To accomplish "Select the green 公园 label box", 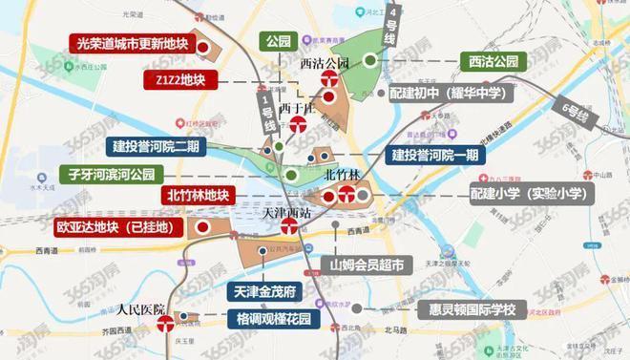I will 278,43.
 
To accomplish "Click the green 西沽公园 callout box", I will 493,59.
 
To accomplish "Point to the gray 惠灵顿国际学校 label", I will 479,311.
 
